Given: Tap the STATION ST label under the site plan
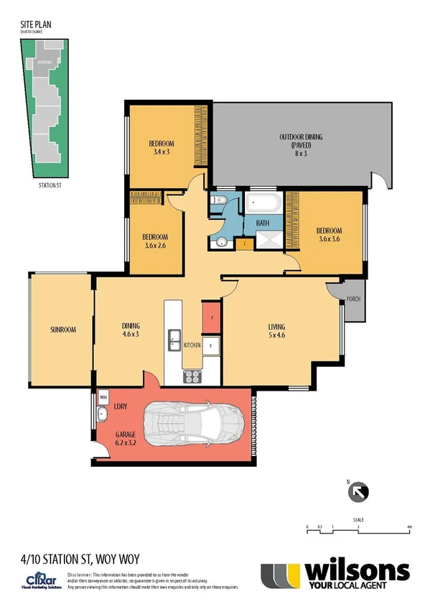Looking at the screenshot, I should (x=50, y=184).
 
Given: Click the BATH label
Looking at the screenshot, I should (x=263, y=223).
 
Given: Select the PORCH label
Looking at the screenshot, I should (x=353, y=299).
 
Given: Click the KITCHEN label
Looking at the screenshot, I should (x=192, y=346).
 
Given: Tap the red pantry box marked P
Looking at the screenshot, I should (x=212, y=315).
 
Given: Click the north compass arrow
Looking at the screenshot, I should (x=357, y=492).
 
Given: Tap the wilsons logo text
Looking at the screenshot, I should (x=357, y=570).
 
